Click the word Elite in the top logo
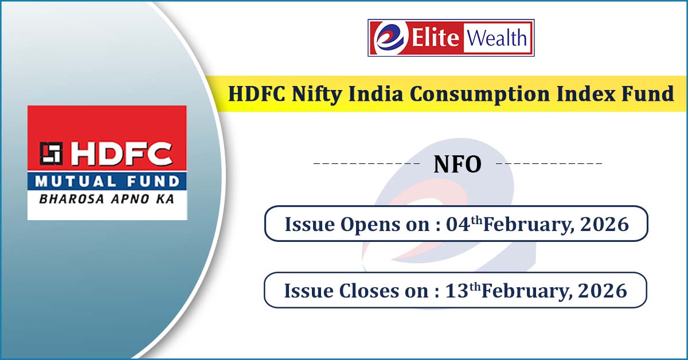pyautogui.click(x=435, y=38)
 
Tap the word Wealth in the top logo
pyautogui.click(x=497, y=38)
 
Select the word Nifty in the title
pyautogui.click(x=317, y=95)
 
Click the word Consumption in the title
pyautogui.click(x=480, y=94)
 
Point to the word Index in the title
pyautogui.click(x=586, y=93)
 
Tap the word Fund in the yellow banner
pyautogui.click(x=648, y=93)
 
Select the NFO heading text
pyautogui.click(x=458, y=165)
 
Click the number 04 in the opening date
pyautogui.click(x=458, y=224)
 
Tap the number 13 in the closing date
pyautogui.click(x=457, y=291)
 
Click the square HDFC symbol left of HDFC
pyautogui.click(x=51, y=153)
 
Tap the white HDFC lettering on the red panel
pyautogui.click(x=121, y=153)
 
